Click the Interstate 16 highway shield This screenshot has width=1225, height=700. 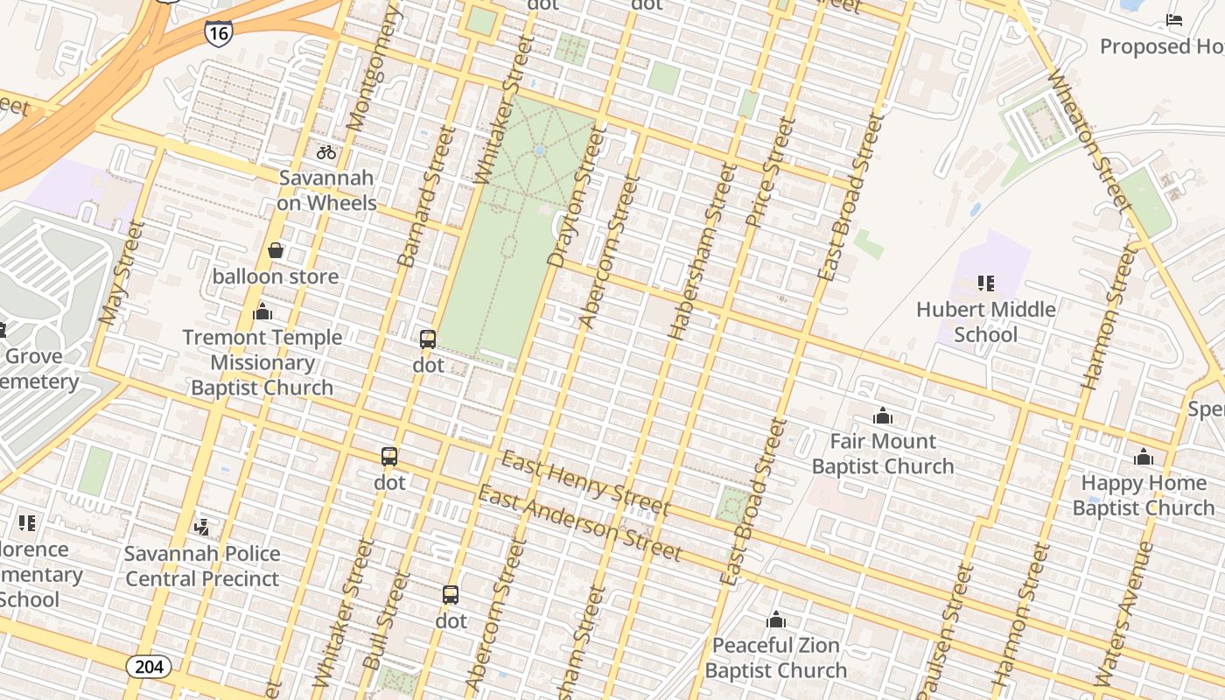[218, 33]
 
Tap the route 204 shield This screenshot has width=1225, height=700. [149, 667]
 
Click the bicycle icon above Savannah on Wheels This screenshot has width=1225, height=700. [326, 152]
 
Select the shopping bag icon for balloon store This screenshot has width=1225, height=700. [276, 251]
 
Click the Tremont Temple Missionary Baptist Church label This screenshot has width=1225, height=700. [262, 362]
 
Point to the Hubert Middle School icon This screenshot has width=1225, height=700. [986, 283]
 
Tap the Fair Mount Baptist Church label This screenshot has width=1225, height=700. [882, 453]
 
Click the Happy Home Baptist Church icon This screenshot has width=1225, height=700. [1144, 457]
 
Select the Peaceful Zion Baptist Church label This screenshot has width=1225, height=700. [775, 658]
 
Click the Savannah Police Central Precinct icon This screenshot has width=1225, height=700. [202, 527]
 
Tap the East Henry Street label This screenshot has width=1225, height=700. [584, 484]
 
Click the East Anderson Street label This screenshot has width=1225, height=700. [578, 523]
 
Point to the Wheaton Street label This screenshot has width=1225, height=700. [1088, 140]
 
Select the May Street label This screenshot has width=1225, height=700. [122, 274]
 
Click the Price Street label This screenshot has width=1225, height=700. [770, 173]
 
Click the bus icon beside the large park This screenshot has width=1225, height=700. [428, 339]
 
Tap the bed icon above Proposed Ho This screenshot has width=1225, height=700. [1174, 20]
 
